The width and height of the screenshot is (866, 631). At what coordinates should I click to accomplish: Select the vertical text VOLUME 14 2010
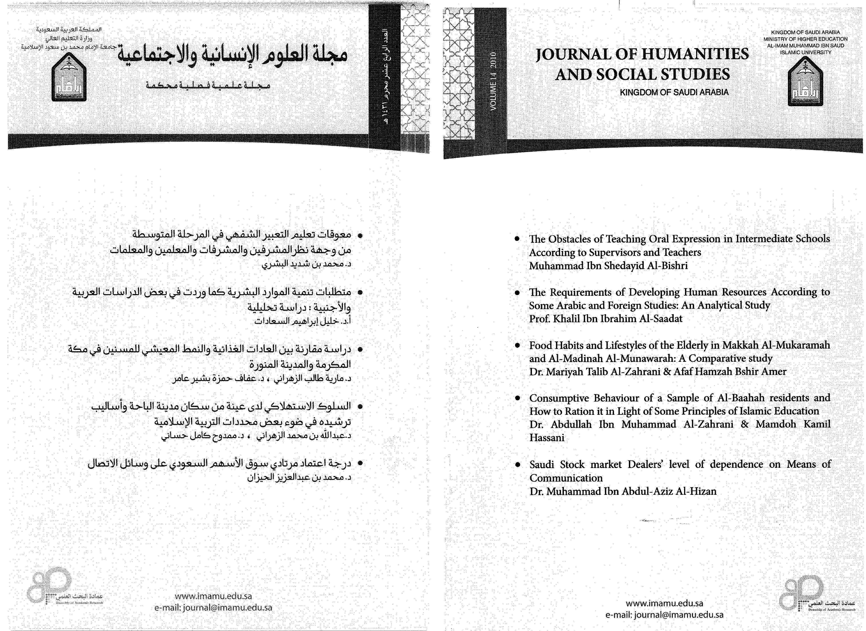click(x=493, y=81)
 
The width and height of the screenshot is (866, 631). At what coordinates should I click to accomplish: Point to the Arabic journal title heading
click(x=232, y=55)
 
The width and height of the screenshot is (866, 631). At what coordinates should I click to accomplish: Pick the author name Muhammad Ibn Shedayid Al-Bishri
click(x=608, y=266)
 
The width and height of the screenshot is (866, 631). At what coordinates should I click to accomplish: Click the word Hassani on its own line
click(x=547, y=438)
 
